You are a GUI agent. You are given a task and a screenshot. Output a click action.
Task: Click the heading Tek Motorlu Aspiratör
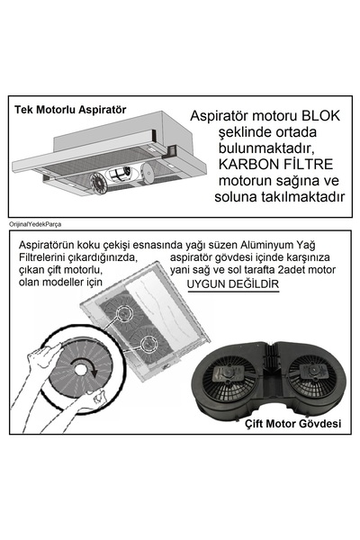(70, 110)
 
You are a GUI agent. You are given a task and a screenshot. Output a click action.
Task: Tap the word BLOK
(320, 116)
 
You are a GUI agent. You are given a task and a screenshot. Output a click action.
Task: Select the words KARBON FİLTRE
(275, 165)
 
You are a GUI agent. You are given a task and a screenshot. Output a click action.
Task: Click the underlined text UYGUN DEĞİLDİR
(233, 284)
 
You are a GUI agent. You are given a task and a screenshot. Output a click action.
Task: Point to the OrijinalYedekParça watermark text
(35, 224)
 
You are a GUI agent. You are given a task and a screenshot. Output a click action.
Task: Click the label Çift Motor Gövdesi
(293, 423)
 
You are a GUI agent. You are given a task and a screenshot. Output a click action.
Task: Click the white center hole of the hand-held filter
(81, 370)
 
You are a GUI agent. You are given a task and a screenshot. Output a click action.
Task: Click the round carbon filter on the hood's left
(100, 183)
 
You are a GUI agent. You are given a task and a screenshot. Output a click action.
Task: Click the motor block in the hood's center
(119, 175)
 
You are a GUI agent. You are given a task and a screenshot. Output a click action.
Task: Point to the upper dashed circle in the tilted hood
(124, 312)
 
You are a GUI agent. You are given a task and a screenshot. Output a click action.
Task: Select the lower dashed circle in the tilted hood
(148, 344)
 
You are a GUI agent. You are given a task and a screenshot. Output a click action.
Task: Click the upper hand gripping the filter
(43, 358)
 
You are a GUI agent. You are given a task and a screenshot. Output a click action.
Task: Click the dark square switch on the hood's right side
(171, 150)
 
